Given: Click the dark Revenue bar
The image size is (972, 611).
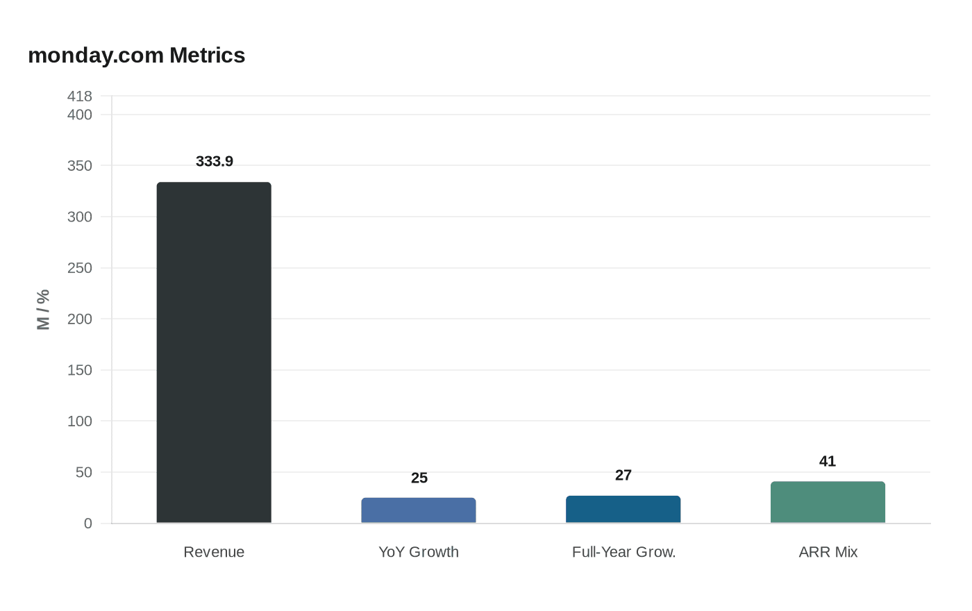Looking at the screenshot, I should [214, 353].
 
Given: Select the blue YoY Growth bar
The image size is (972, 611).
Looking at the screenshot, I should [419, 510].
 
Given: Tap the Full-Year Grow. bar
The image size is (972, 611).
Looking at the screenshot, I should [623, 509].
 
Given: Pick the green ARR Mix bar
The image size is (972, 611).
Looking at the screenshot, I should [828, 502].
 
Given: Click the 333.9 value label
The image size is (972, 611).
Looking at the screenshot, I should [215, 161].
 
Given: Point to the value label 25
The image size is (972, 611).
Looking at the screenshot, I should [419, 478].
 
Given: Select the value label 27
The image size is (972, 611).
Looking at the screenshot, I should [623, 475].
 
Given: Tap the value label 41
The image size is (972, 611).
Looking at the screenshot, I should [828, 461].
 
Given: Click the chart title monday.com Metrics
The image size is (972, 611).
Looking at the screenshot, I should [137, 56].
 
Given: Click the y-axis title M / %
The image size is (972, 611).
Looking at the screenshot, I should [43, 310].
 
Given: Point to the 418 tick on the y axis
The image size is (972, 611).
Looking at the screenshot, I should [80, 97].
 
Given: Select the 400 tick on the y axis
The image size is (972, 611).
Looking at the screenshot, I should [80, 115].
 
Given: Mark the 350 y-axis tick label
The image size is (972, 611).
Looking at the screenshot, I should [80, 166].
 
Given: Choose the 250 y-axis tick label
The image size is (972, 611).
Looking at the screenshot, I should [80, 268].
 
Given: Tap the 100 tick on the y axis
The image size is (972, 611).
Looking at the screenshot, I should [80, 421].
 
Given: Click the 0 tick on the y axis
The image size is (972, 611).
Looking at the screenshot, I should [87, 524].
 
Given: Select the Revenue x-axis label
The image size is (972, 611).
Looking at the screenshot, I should [214, 552].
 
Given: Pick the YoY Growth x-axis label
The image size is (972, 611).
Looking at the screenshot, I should [419, 552].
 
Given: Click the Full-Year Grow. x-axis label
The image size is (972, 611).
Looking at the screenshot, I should [623, 552].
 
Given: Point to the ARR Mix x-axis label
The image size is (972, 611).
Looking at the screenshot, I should [828, 552].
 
